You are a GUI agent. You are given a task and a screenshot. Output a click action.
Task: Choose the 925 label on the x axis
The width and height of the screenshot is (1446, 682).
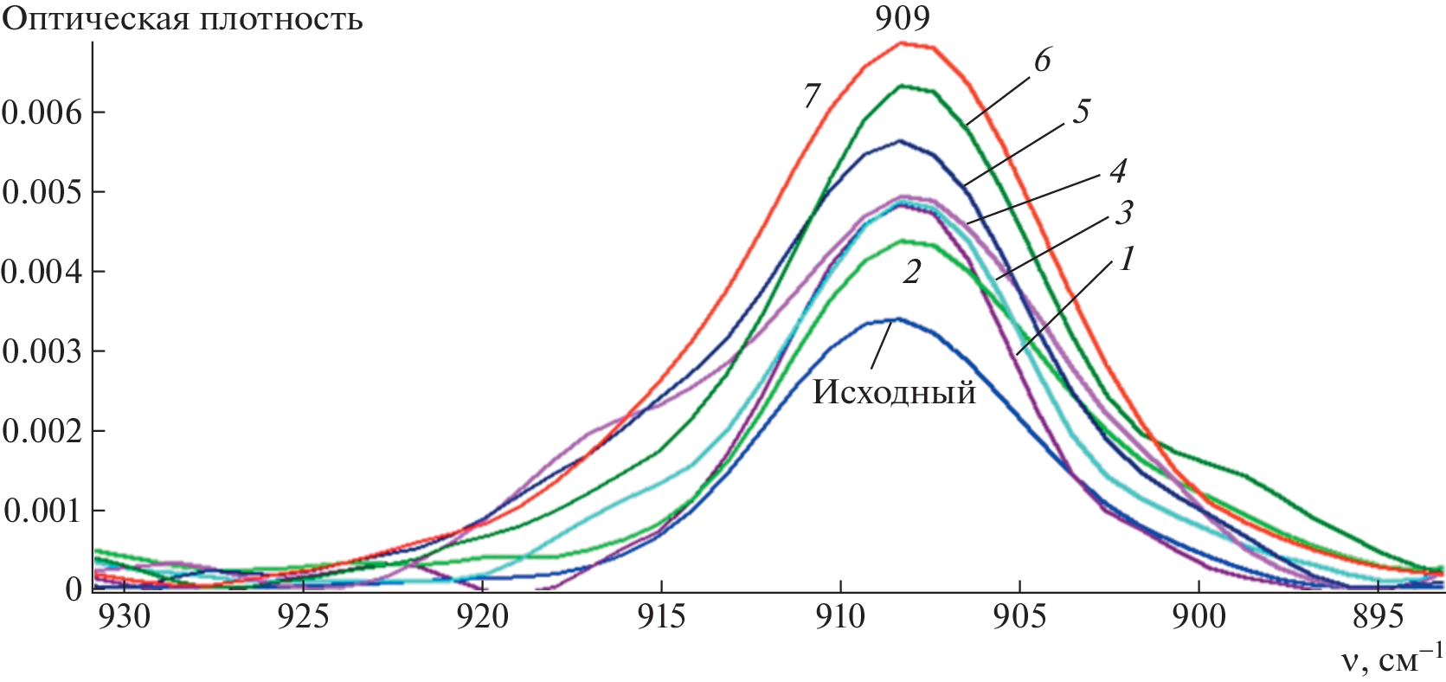304,617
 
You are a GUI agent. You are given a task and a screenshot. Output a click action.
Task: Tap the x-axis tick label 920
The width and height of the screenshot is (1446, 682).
483,617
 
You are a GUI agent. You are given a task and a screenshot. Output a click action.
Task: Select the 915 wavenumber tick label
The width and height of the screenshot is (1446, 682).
662,617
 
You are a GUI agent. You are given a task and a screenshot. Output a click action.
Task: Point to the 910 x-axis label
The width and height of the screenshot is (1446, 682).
840,617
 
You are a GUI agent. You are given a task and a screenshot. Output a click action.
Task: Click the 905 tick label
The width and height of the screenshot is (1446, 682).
1019,617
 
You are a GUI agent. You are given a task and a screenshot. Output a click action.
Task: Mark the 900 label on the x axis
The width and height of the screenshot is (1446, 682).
1199,617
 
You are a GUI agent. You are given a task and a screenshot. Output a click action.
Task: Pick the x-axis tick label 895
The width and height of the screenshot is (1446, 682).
1378,617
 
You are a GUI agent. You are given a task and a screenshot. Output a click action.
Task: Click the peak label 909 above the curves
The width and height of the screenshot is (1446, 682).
902,18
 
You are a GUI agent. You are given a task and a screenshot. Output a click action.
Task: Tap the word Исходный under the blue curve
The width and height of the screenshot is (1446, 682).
894,393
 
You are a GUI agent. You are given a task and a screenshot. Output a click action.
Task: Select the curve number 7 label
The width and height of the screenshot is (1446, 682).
811,96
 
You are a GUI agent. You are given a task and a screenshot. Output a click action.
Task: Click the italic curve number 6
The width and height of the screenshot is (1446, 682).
1042,61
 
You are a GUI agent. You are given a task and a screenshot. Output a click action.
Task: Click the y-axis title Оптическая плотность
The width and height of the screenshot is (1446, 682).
183,19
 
